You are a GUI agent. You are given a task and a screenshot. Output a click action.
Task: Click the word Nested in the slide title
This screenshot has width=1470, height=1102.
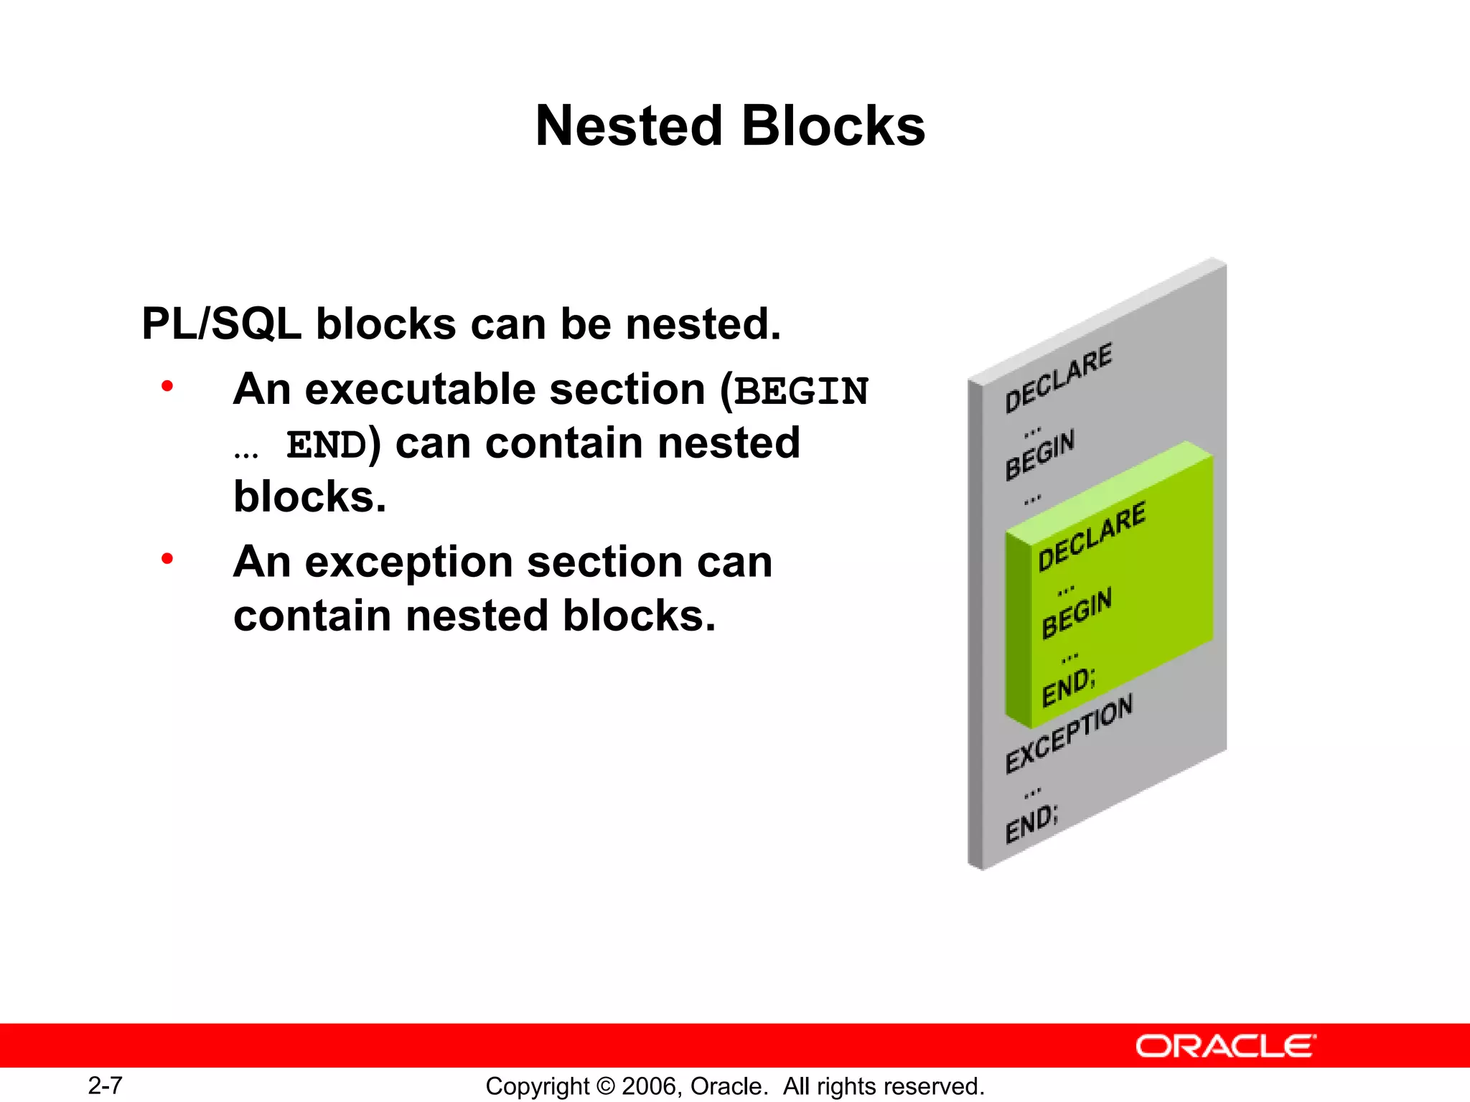[629, 126]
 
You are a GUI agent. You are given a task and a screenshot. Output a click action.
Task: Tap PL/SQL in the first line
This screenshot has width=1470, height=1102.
[221, 324]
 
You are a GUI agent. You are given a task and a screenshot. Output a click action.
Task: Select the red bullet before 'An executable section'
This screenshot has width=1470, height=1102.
[167, 387]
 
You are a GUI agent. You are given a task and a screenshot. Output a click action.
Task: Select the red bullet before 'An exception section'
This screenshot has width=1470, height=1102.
[167, 559]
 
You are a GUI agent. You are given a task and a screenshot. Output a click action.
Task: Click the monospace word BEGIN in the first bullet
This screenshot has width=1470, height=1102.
[801, 392]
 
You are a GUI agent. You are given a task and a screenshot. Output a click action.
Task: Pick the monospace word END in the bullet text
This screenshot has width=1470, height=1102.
[327, 446]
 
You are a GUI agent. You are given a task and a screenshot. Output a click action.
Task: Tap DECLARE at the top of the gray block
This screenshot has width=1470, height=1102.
[1058, 377]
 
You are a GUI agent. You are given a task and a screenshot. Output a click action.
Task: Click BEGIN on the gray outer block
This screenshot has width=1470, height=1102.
[1039, 455]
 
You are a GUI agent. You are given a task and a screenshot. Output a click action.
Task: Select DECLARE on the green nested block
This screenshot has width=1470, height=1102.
[1092, 536]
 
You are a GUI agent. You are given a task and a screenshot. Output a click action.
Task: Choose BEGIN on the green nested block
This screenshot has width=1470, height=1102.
[1077, 612]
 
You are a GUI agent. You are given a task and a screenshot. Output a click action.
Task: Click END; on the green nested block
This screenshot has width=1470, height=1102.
[1069, 687]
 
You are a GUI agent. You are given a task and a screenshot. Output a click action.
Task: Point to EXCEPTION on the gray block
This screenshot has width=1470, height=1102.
[1069, 733]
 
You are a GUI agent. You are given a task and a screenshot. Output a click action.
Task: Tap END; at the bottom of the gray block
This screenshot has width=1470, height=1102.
[1031, 824]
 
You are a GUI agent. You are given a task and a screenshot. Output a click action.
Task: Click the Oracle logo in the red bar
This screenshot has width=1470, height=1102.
[1225, 1046]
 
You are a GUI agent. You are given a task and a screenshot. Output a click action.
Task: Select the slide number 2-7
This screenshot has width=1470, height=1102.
[105, 1085]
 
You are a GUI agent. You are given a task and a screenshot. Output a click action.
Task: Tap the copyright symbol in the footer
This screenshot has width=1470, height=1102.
[605, 1086]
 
